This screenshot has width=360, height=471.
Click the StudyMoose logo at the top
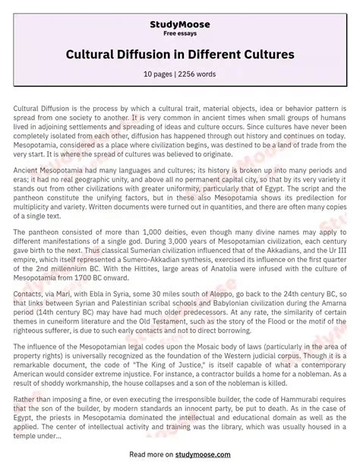179,24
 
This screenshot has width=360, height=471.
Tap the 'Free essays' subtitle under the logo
179,33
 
